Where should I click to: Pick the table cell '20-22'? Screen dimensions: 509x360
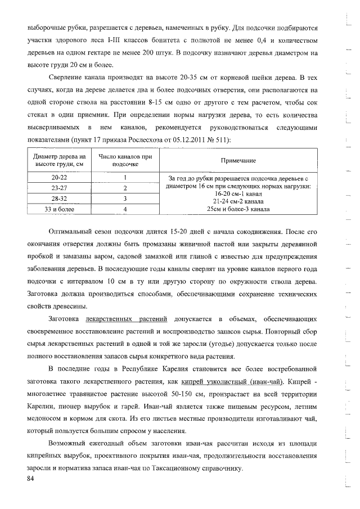coord(59,178)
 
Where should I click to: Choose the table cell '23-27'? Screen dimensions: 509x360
coord(59,188)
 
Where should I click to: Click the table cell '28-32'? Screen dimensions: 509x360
coord(59,199)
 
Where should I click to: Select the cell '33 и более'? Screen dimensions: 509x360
coord(59,209)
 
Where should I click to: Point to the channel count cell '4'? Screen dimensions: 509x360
coord(125,209)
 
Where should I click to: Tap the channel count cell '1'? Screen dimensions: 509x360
coord(125,178)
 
